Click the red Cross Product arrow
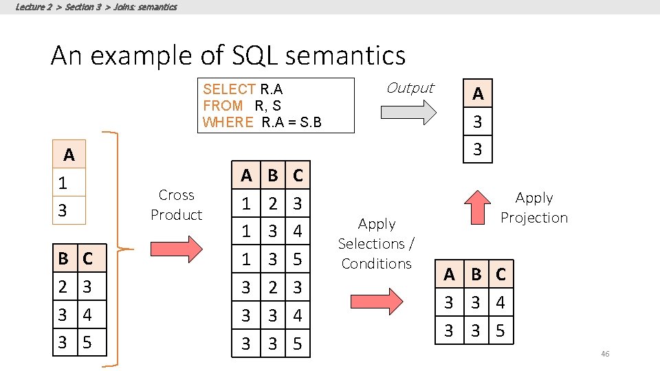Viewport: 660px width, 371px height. pos(175,246)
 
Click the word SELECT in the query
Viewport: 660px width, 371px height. pos(230,89)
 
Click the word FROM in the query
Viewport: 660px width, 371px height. pos(223,106)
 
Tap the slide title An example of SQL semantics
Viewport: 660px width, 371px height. pos(228,55)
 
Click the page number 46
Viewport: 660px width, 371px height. pos(605,354)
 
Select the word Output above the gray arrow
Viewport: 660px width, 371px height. pos(410,88)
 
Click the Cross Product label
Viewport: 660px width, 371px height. pos(177,205)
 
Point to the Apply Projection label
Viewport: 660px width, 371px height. pos(534,207)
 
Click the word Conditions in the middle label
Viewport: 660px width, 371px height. pos(376,263)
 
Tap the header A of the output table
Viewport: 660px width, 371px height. pos(478,94)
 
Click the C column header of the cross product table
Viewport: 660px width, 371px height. pos(298,175)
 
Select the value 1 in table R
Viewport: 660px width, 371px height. pos(63,183)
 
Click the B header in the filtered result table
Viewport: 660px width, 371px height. pos(476,275)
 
